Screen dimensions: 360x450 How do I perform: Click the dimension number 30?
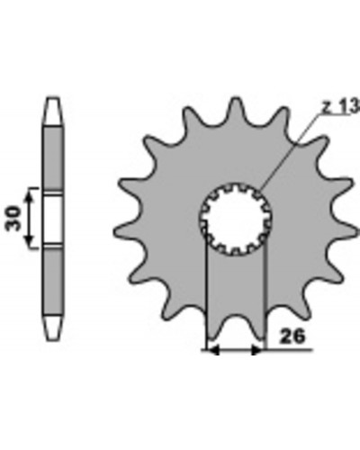(14, 218)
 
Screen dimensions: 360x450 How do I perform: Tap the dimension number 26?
(292, 337)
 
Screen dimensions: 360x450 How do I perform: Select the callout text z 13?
(341, 106)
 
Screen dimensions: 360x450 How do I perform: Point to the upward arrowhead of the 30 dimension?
(29, 197)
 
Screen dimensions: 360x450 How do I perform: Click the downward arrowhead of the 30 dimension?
(29, 239)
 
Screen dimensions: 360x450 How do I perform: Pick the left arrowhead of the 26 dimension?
(213, 350)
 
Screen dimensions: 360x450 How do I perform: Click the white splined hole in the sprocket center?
(235, 219)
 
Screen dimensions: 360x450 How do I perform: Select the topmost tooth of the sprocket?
(236, 110)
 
